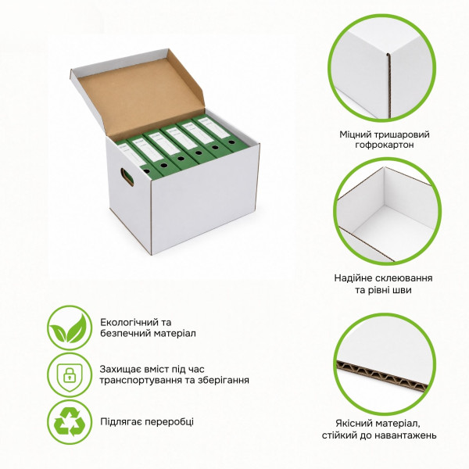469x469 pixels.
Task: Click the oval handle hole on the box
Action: pyautogui.click(x=127, y=177)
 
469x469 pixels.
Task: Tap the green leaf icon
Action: pyautogui.click(x=70, y=328)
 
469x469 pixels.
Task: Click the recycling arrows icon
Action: pyautogui.click(x=70, y=422)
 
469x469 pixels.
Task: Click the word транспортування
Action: pyautogui.click(x=141, y=380)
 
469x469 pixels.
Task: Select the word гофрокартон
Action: pyautogui.click(x=385, y=145)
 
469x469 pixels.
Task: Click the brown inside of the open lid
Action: pyautogui.click(x=141, y=93)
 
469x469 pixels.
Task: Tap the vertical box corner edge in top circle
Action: pyautogui.click(x=388, y=87)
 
